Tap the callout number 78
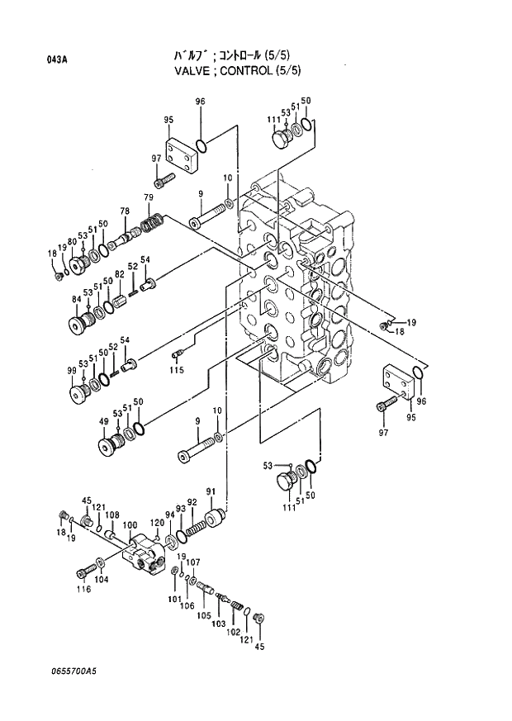[124, 211]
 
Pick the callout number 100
[130, 525]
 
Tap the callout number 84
[76, 298]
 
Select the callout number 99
[72, 370]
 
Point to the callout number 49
[104, 421]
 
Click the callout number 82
[120, 274]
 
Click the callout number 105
[203, 616]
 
